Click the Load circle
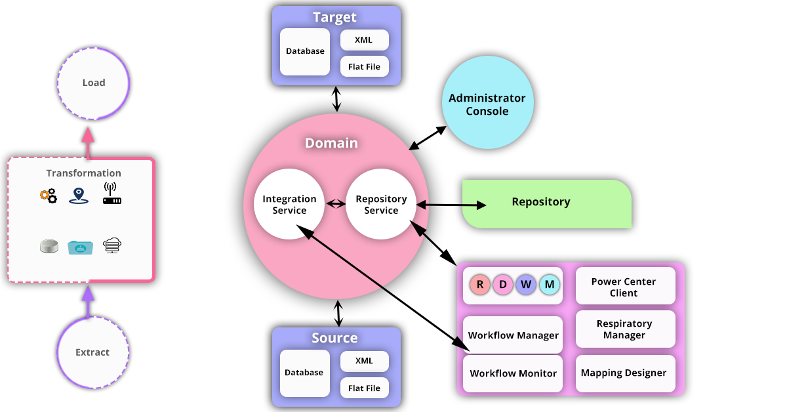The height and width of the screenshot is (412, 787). point(93,83)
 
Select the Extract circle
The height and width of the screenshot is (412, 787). point(92,352)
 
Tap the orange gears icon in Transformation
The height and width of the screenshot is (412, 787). point(48,195)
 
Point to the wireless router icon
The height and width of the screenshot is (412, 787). point(112,194)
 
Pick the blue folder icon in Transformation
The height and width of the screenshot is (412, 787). point(81,247)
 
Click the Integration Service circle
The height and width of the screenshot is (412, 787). point(289,205)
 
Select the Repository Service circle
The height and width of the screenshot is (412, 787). point(381,205)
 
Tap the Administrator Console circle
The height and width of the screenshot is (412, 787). point(487,104)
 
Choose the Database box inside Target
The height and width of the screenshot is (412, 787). point(305,51)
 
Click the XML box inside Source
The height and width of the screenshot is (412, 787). point(364,361)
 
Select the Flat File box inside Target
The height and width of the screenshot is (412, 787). point(364,66)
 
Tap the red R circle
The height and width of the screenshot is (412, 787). point(480,285)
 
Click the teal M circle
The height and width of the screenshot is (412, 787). point(549,285)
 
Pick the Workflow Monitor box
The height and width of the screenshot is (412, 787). point(513,373)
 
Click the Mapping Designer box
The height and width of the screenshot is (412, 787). point(624,373)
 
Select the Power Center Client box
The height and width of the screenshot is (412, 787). point(624,287)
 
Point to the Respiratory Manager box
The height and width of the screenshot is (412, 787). point(624,329)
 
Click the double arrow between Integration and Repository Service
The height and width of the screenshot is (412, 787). point(335,204)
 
